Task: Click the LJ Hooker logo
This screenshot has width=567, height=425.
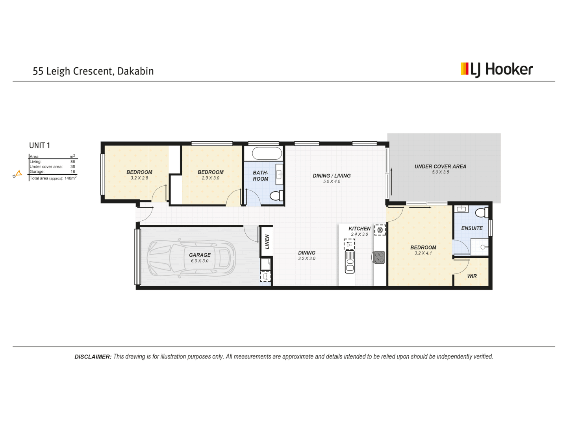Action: [497, 70]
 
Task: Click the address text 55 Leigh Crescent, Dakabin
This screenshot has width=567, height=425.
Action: [93, 71]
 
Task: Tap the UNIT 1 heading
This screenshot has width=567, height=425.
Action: [39, 145]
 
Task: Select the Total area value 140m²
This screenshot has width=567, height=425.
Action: [70, 178]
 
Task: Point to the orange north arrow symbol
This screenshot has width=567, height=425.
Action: [18, 173]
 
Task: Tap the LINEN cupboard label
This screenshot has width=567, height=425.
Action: [267, 242]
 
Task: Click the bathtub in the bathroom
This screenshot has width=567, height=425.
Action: [267, 153]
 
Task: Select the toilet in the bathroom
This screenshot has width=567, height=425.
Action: [276, 195]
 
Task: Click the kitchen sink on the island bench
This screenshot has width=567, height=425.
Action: [350, 261]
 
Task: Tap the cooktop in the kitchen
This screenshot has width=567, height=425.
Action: [379, 257]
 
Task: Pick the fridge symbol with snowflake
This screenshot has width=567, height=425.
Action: [380, 230]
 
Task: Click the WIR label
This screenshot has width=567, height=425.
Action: [472, 276]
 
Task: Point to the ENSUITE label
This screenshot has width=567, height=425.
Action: [472, 228]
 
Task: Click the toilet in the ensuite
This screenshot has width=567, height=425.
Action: [481, 213]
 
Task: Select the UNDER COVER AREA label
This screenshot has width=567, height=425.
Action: [440, 166]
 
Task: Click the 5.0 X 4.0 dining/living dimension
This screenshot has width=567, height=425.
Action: [332, 181]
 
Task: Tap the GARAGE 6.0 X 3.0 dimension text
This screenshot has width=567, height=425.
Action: [200, 261]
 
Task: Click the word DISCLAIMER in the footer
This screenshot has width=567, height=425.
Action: [93, 357]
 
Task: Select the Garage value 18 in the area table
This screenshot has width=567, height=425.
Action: [73, 172]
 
